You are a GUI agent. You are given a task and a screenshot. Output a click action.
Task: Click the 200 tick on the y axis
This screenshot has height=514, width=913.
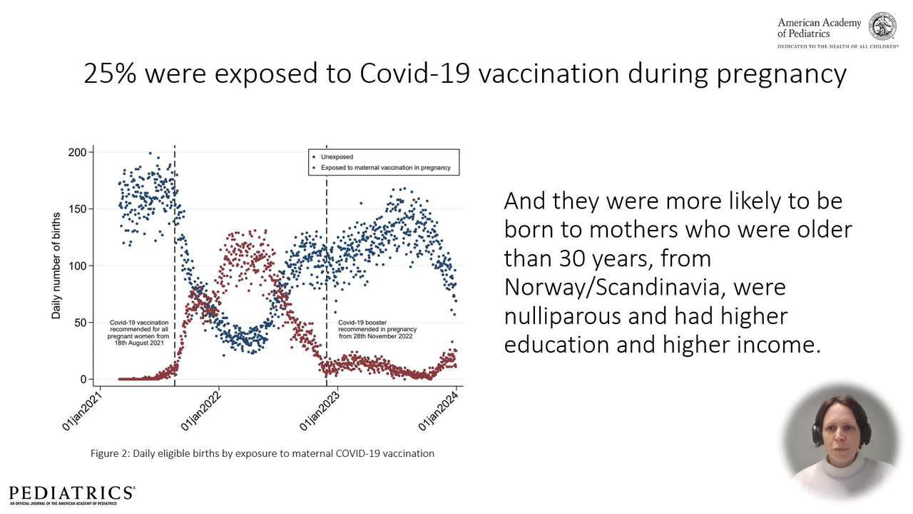(x=77, y=152)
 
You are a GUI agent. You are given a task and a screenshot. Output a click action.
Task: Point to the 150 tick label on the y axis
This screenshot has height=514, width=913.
(x=77, y=208)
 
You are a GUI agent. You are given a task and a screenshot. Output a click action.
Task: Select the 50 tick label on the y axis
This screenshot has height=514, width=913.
(x=80, y=322)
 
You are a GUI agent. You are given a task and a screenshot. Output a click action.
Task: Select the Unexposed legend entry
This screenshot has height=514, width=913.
(x=336, y=157)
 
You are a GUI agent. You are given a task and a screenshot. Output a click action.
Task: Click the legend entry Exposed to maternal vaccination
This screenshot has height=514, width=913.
(x=385, y=168)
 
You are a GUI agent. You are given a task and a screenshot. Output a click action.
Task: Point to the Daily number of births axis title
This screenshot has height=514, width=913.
(x=56, y=266)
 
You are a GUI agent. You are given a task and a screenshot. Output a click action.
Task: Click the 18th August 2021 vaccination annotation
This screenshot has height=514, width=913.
(x=139, y=333)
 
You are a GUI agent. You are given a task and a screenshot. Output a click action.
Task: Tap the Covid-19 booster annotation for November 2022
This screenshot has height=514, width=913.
(x=377, y=329)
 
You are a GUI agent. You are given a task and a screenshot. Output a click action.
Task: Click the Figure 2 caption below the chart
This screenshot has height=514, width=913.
(x=262, y=453)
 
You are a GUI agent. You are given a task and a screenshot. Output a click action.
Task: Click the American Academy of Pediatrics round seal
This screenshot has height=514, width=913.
(x=882, y=26)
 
